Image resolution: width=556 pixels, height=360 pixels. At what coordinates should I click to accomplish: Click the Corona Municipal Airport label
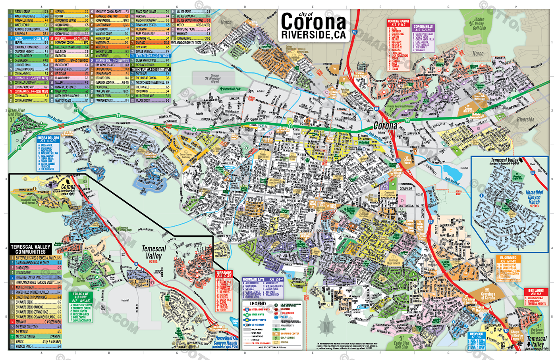point(214,78)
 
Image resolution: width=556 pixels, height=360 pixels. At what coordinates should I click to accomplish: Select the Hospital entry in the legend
point(285,309)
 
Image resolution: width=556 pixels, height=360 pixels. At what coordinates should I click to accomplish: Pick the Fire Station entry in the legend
point(287,313)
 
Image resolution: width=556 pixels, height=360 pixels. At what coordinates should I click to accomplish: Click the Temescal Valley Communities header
point(31,249)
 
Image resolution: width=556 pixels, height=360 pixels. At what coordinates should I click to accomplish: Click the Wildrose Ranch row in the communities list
point(36,346)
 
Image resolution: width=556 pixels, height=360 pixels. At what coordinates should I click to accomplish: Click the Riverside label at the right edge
point(525,119)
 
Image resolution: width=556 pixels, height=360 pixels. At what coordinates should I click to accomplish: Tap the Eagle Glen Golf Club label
point(401,345)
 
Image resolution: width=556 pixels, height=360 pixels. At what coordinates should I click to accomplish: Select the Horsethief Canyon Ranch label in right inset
point(534,197)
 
